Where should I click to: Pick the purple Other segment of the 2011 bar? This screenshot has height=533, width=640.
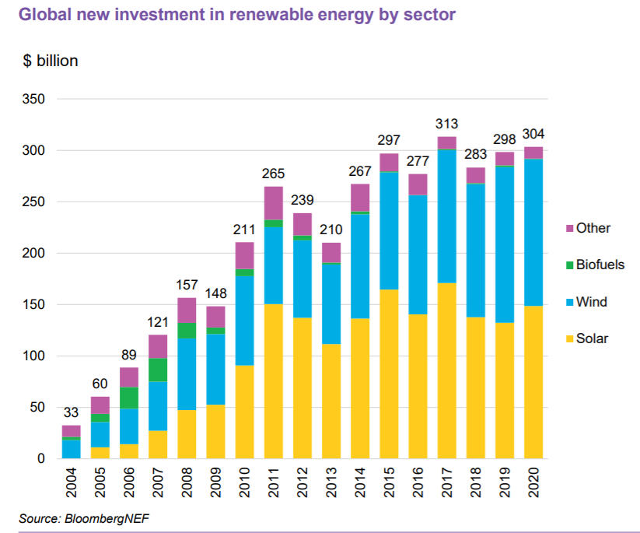click(x=272, y=203)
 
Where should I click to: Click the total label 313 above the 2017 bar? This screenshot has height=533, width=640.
click(x=446, y=124)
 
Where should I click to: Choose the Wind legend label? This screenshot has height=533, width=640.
click(x=592, y=302)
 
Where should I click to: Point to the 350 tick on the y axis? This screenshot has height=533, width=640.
click(x=35, y=100)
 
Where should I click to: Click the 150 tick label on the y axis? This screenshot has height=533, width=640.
click(x=35, y=305)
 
